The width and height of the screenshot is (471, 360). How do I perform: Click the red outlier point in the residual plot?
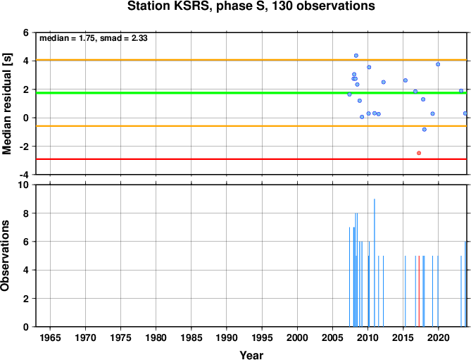click(x=419, y=153)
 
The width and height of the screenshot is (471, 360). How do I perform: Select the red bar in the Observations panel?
click(x=419, y=291)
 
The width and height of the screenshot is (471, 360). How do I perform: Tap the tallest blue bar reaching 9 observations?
click(x=375, y=263)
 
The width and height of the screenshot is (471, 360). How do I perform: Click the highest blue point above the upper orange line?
click(x=356, y=56)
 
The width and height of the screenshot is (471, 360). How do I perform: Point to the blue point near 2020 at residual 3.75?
click(x=438, y=64)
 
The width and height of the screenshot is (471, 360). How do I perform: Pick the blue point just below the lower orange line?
click(x=424, y=130)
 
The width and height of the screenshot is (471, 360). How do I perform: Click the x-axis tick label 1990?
click(x=227, y=337)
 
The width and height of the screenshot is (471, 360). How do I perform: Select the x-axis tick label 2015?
click(x=403, y=337)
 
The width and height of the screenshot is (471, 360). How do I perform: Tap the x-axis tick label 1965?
click(x=50, y=337)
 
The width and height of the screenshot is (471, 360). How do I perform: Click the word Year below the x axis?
click(x=251, y=355)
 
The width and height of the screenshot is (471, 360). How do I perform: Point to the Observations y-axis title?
click(x=5, y=256)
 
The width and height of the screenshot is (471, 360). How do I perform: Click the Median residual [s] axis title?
click(x=6, y=104)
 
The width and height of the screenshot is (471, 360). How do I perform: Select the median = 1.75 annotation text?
click(x=68, y=38)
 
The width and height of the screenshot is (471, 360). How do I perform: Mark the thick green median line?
click(x=251, y=93)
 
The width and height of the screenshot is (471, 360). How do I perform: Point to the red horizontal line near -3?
click(x=251, y=159)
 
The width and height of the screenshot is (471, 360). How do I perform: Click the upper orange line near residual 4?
click(x=251, y=60)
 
